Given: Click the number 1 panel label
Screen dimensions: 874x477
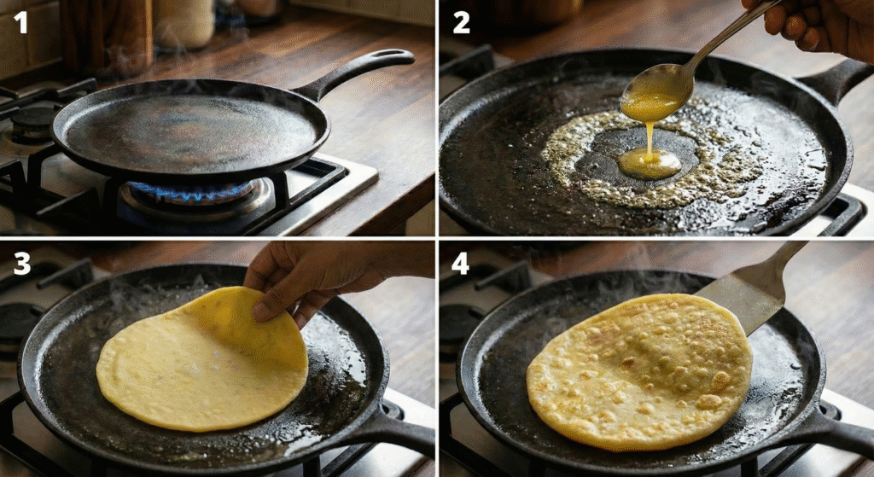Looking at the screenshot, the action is pyautogui.click(x=20, y=22).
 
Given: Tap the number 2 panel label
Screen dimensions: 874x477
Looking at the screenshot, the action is pyautogui.click(x=461, y=23).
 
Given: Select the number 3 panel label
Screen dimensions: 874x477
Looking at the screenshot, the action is pyautogui.click(x=21, y=265).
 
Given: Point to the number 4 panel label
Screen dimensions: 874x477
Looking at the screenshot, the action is pyautogui.click(x=461, y=264).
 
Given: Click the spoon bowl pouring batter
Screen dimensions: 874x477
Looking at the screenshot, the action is pyautogui.click(x=657, y=91).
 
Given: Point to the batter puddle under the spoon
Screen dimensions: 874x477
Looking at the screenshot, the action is pyautogui.click(x=650, y=163).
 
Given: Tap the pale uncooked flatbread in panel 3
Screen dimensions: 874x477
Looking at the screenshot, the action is pyautogui.click(x=203, y=360).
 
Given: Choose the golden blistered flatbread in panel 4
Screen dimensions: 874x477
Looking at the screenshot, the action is pyautogui.click(x=638, y=371).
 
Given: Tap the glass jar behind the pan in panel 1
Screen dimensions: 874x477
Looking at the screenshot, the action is pyautogui.click(x=184, y=23).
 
